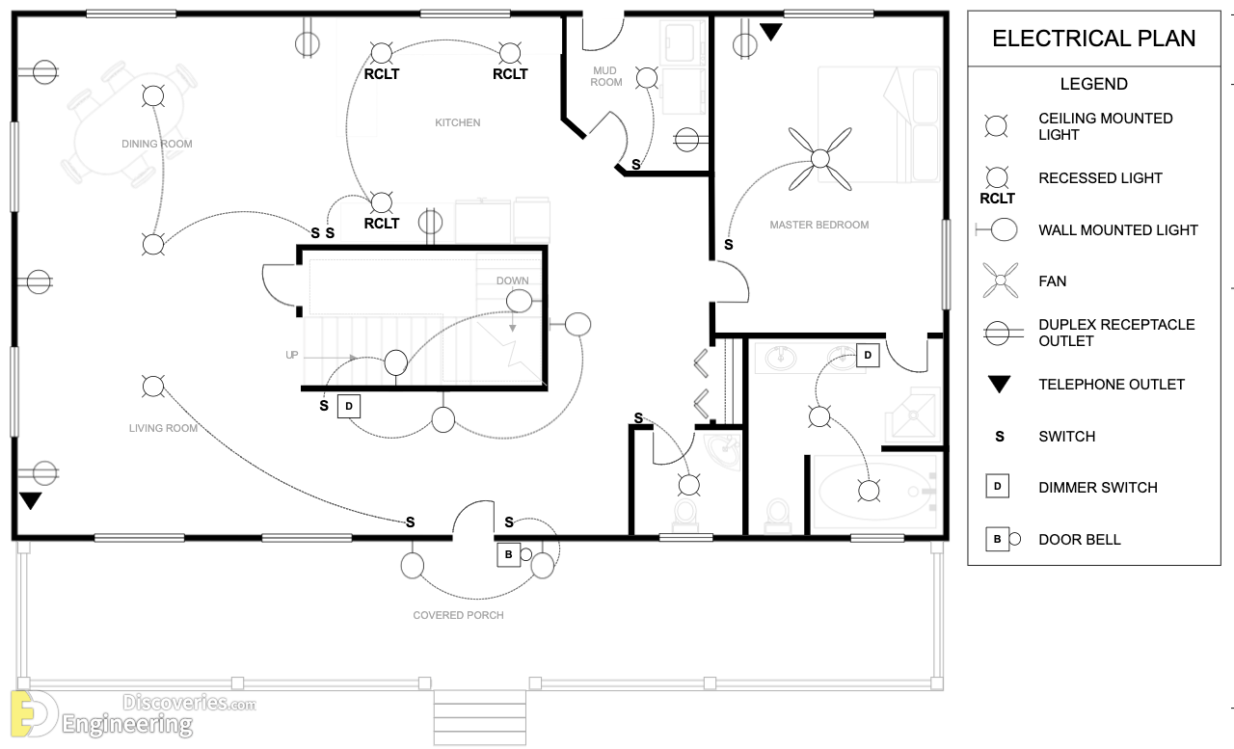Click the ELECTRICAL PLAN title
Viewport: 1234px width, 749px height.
tap(1093, 39)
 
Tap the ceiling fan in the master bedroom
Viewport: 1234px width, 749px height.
tap(819, 159)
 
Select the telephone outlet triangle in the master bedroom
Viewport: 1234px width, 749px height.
tap(770, 32)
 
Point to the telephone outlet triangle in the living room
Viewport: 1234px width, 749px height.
tap(30, 500)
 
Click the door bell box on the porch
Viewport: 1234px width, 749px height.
tap(508, 554)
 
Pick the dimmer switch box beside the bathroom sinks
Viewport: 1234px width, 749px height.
tap(868, 356)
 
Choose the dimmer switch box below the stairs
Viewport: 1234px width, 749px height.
tap(349, 407)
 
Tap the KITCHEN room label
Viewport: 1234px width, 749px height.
tap(458, 122)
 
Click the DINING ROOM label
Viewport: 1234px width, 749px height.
tap(157, 144)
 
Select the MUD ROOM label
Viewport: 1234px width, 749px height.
tap(606, 76)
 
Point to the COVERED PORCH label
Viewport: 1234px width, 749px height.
tap(458, 615)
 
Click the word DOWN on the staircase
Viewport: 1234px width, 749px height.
tap(512, 281)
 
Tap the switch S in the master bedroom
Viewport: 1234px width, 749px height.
tap(728, 245)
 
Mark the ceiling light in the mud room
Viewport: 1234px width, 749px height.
tap(646, 78)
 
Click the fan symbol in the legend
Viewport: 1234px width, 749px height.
tap(1001, 281)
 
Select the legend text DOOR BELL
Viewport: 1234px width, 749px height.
tap(1080, 540)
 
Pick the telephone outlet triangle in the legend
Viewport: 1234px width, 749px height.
tap(999, 384)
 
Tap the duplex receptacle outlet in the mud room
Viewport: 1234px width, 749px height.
tap(686, 140)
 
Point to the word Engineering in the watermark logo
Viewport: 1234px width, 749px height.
tap(127, 724)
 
